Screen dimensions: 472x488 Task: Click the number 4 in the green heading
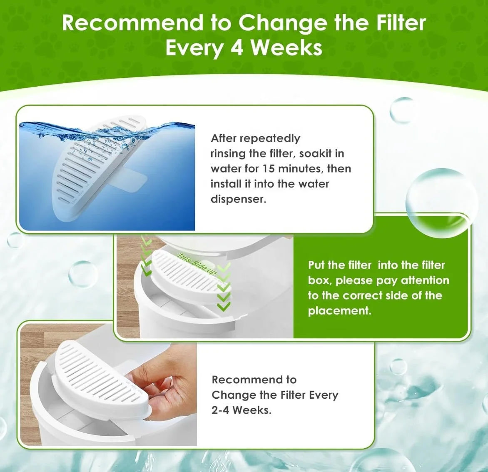click(237, 47)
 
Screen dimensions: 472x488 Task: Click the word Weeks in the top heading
click(286, 47)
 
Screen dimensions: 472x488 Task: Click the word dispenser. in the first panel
click(238, 199)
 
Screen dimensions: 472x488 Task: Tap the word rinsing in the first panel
click(228, 153)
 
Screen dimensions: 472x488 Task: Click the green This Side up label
click(197, 264)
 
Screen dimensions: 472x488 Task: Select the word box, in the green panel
click(320, 280)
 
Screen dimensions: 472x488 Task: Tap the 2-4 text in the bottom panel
click(220, 410)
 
